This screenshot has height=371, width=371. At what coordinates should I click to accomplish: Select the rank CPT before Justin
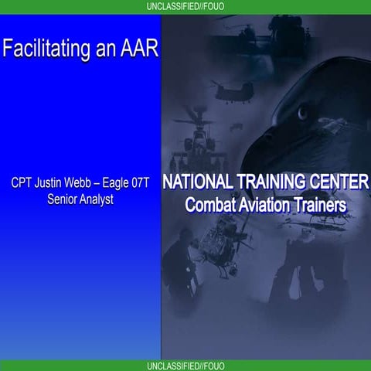(24, 185)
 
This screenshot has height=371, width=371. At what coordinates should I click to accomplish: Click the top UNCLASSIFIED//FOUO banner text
(185, 6)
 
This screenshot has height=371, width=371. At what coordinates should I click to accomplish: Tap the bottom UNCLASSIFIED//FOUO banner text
(185, 365)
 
